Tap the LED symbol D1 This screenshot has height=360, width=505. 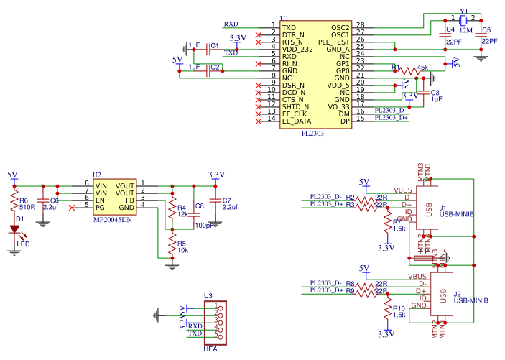pyautogui.click(x=14, y=230)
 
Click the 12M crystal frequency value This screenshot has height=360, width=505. pyautogui.click(x=465, y=30)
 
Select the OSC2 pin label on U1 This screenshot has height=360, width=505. pyautogui.click(x=340, y=27)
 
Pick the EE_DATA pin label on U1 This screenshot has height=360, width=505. pyautogui.click(x=297, y=121)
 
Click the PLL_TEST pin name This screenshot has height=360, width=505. pyautogui.click(x=334, y=42)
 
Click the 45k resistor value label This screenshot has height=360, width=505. pyautogui.click(x=422, y=68)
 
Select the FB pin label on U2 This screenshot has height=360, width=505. pyautogui.click(x=130, y=199)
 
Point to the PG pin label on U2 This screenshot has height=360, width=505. pyautogui.click(x=100, y=207)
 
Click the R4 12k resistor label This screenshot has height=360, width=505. pyautogui.click(x=182, y=211)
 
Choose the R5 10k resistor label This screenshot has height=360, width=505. pyautogui.click(x=182, y=246)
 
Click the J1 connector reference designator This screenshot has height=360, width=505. pyautogui.click(x=443, y=207)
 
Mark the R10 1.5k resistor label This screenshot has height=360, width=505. pyautogui.click(x=399, y=311)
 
